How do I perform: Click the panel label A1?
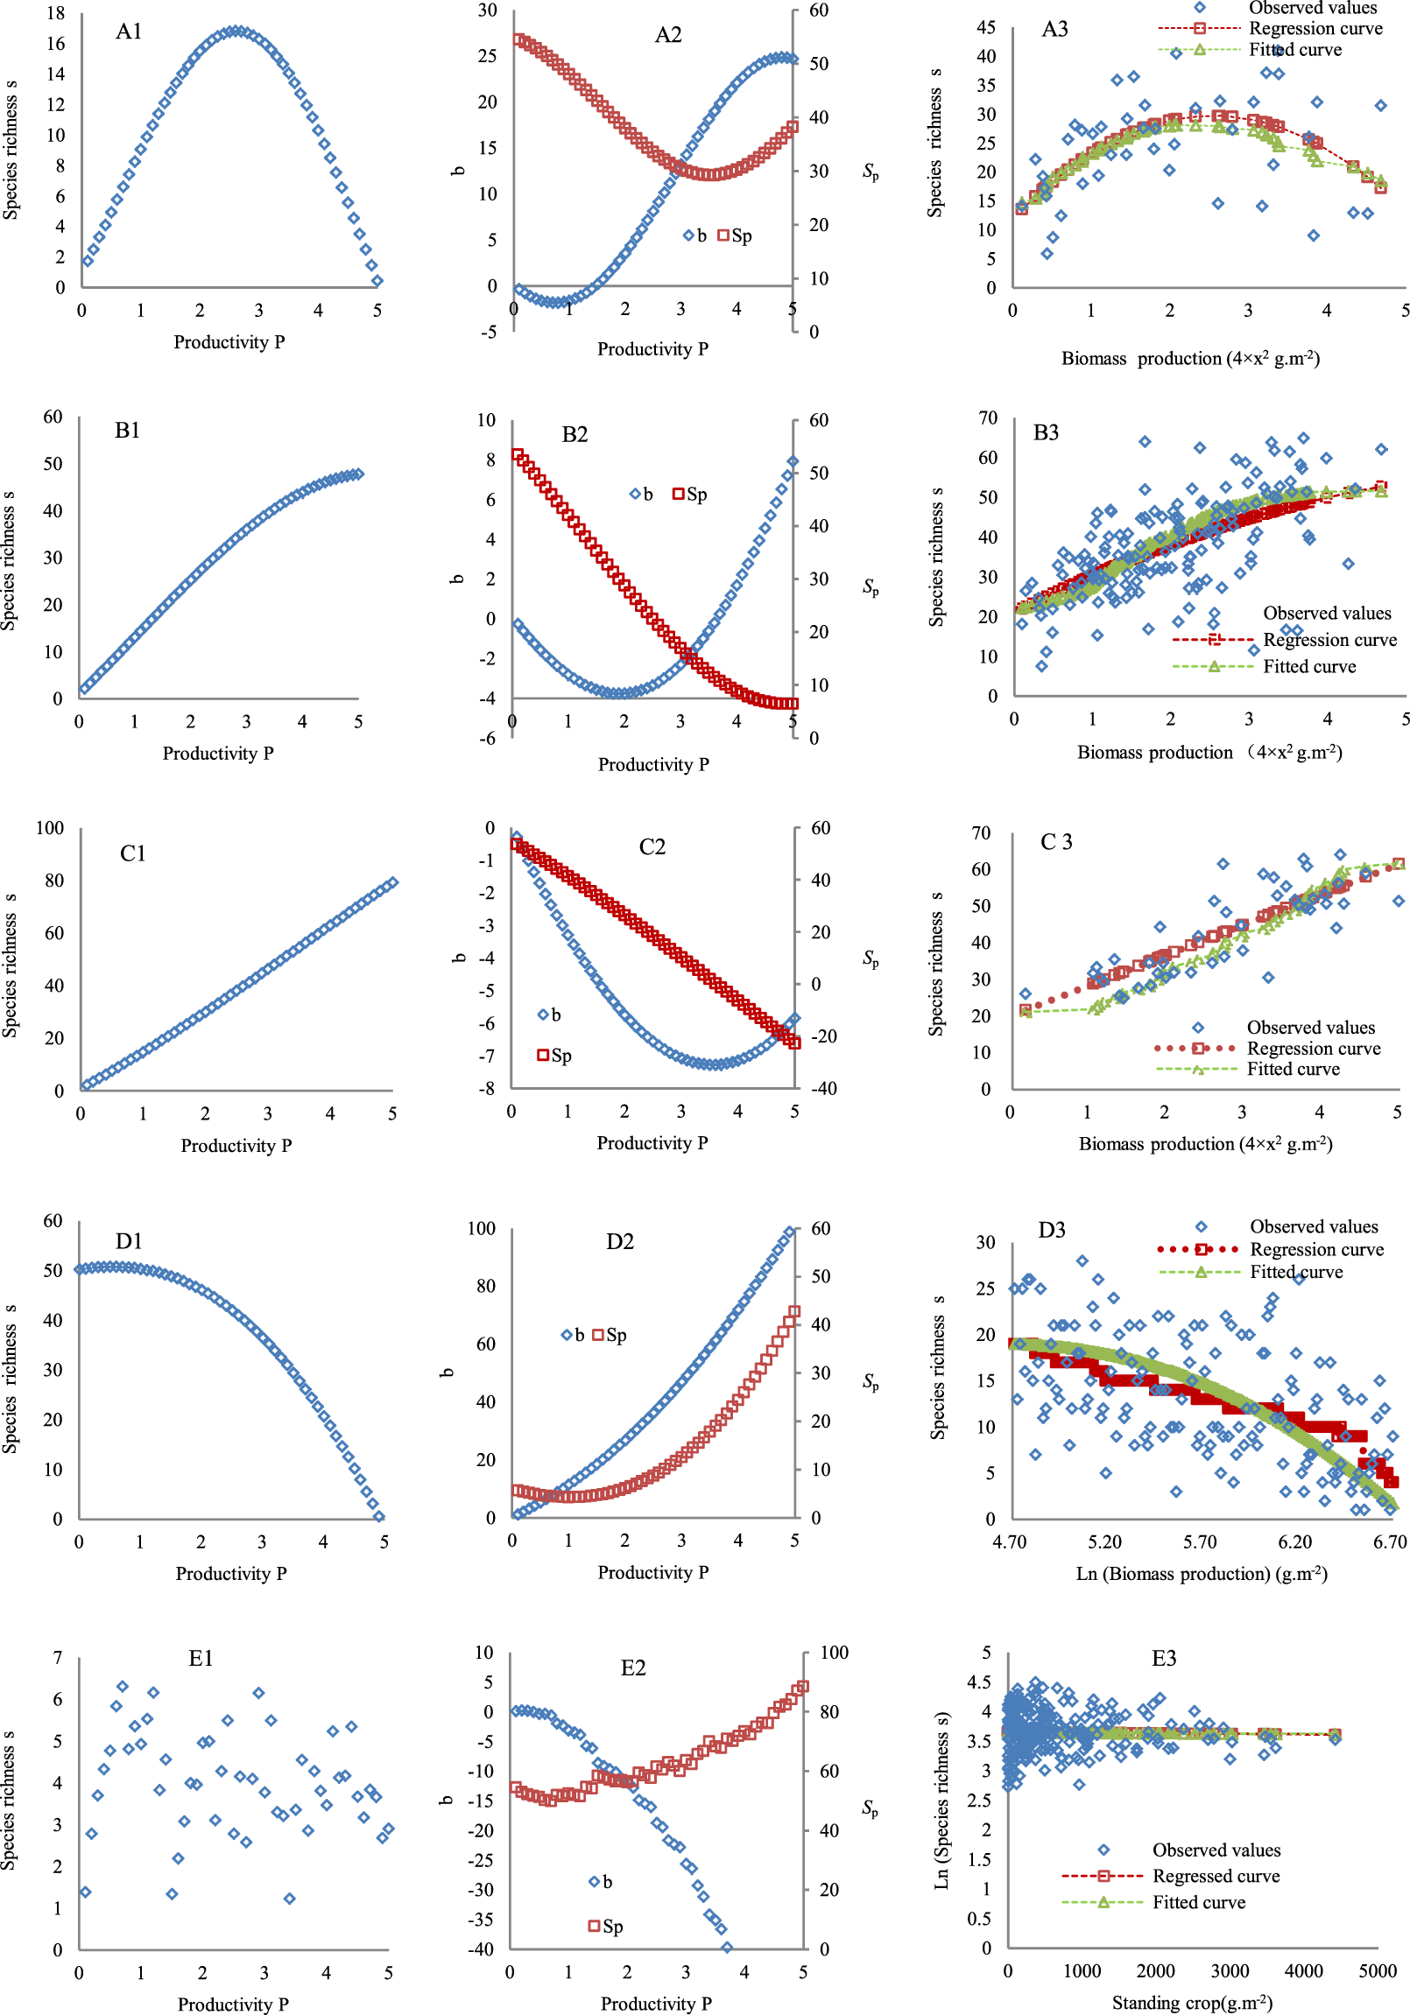coord(128,32)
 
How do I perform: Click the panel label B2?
coord(575,434)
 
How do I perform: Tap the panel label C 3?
coord(1055,842)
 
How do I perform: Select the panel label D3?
coord(1051,1230)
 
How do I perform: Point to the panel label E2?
coord(632,1667)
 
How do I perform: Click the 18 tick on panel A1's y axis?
coord(55,13)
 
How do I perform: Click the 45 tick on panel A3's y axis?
coord(985,27)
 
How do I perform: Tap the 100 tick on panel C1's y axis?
coord(50,827)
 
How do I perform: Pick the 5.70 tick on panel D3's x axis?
coord(1199,1542)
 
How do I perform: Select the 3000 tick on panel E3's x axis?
coord(1229,1971)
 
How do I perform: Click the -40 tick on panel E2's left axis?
coord(479,1949)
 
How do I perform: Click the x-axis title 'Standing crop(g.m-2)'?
coord(1191,2002)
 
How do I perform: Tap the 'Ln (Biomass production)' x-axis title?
coord(1200,1574)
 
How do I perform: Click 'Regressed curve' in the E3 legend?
coord(1215,1876)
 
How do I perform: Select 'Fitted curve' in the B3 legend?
coord(1308,666)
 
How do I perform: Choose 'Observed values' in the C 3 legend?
coord(1310,1027)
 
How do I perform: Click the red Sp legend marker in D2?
coord(598,1335)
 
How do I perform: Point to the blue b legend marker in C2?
coord(543,1015)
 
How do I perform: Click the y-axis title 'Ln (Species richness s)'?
coord(942,1799)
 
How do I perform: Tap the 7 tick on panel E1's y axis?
coord(58,1658)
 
